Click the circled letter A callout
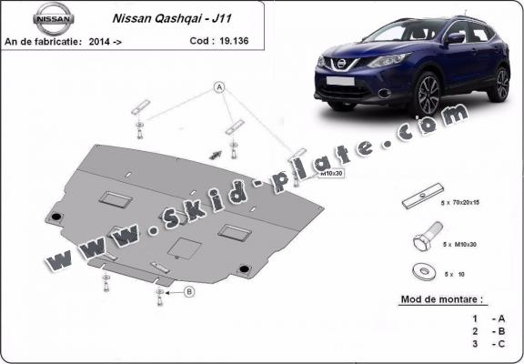tap(218, 86)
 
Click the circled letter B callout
tap(189, 291)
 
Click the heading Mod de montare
tap(442, 298)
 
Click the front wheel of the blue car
tap(426, 94)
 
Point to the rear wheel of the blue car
tap(499, 84)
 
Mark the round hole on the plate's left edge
tap(56, 217)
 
